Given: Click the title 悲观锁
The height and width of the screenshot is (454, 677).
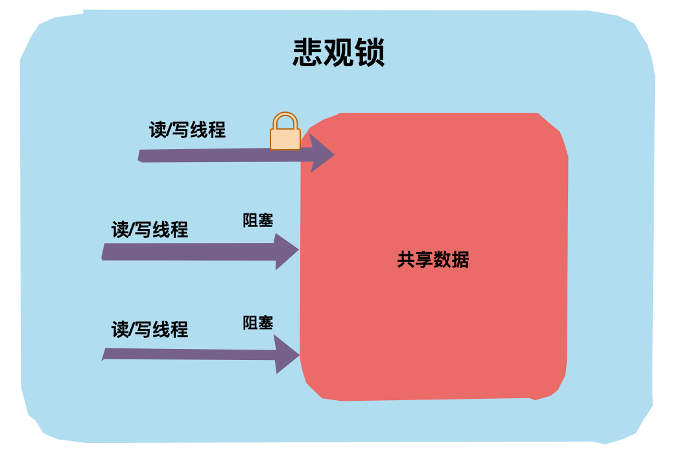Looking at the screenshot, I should (338, 53).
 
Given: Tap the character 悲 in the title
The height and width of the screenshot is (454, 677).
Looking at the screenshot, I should (308, 53).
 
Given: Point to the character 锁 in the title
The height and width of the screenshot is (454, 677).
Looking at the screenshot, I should (370, 53).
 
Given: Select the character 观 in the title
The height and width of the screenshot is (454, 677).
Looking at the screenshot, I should (339, 53).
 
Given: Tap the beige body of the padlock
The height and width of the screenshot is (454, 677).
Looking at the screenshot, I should (285, 139).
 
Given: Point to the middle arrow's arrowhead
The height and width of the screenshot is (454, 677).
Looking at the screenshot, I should (286, 251).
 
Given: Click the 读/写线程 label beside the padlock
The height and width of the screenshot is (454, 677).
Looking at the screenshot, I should (187, 130).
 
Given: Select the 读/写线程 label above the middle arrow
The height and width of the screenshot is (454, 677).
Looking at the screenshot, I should (150, 230).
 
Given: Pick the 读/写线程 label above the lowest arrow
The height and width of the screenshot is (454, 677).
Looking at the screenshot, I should (150, 329).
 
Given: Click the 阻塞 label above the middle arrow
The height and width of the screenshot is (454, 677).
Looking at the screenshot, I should (258, 221).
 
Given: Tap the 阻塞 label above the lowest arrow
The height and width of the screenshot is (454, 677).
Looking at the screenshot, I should (258, 322).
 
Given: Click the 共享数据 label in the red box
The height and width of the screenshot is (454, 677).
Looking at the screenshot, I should (433, 260).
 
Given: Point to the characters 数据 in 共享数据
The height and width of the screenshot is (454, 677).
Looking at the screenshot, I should (451, 260).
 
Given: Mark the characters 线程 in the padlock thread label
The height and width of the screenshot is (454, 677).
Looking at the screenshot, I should (208, 130).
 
